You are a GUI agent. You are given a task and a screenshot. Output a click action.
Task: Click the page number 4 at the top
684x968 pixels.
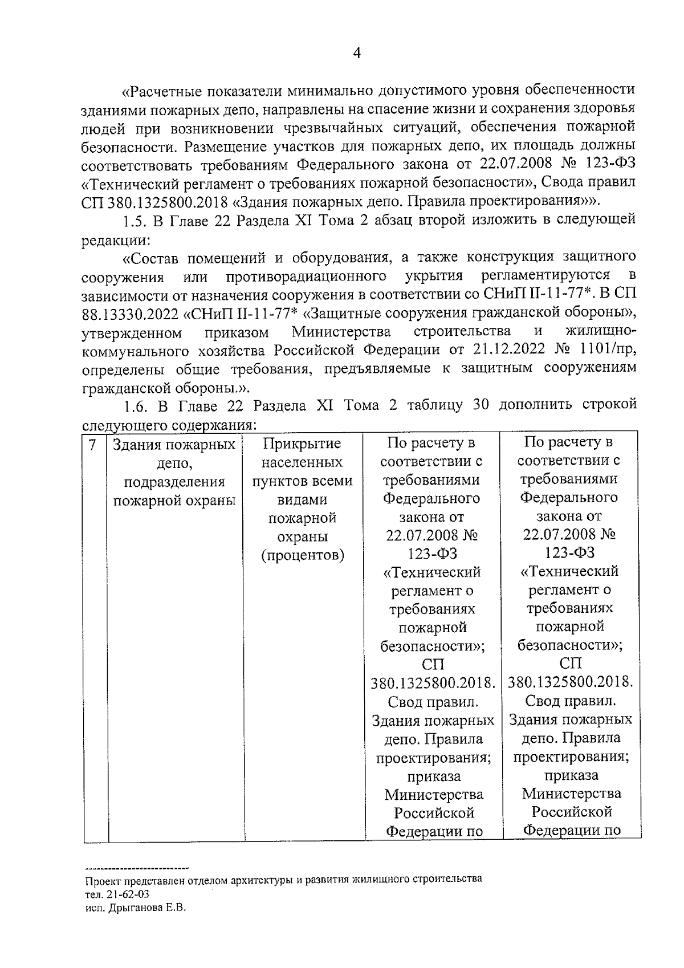click(357, 54)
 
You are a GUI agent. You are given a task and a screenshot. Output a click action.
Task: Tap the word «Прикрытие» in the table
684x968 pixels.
click(303, 444)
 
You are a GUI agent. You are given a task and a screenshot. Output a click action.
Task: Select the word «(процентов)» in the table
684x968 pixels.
click(303, 555)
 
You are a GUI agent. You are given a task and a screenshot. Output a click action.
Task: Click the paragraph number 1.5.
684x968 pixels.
click(135, 221)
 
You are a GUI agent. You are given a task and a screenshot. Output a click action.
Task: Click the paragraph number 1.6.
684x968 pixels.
click(135, 405)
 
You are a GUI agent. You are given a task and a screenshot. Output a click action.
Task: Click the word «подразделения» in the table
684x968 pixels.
click(174, 482)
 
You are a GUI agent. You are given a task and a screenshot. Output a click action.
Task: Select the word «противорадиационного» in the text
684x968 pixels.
click(304, 276)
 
